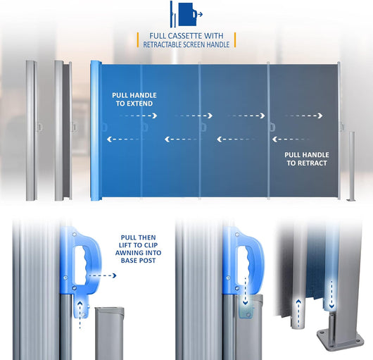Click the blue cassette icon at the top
point(186,14)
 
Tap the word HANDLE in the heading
point(218,44)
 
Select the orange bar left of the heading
point(138,39)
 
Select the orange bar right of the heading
point(235,39)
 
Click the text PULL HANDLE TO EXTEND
point(134,99)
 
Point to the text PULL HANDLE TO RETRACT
point(307,159)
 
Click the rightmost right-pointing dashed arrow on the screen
point(304,116)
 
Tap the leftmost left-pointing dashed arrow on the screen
point(125,139)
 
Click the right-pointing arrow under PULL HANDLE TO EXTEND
point(138,116)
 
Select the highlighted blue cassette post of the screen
point(96,130)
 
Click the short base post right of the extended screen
point(352,166)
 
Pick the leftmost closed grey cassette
point(32,130)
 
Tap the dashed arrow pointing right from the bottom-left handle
point(103,275)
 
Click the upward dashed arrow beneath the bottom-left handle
point(80,315)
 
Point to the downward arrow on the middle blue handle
point(245,291)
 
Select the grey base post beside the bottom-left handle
point(109,333)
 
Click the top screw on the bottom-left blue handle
point(74,235)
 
